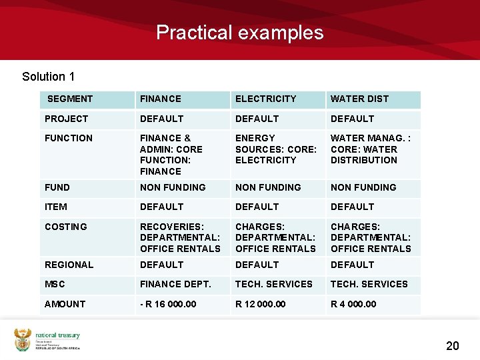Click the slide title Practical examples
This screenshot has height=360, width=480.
239,32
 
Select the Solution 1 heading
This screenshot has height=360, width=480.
48,77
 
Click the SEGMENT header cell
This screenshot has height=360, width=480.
70,99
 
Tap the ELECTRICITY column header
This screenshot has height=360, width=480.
265,99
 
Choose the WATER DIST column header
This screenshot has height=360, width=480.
359,99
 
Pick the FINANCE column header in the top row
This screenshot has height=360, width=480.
160,99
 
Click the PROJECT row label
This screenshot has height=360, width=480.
66,119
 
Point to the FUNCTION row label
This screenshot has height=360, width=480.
69,138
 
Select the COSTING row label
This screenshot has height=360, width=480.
65,227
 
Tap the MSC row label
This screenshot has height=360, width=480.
55,284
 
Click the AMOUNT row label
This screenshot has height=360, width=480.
65,304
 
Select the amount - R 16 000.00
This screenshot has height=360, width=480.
168,304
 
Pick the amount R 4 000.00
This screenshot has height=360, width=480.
353,304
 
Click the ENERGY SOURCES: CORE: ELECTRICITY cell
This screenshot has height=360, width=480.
275,149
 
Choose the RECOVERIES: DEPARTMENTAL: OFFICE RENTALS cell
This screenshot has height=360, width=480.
180,237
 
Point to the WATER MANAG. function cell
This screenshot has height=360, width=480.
371,149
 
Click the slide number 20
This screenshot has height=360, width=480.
452,345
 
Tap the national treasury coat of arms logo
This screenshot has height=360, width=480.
23,339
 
